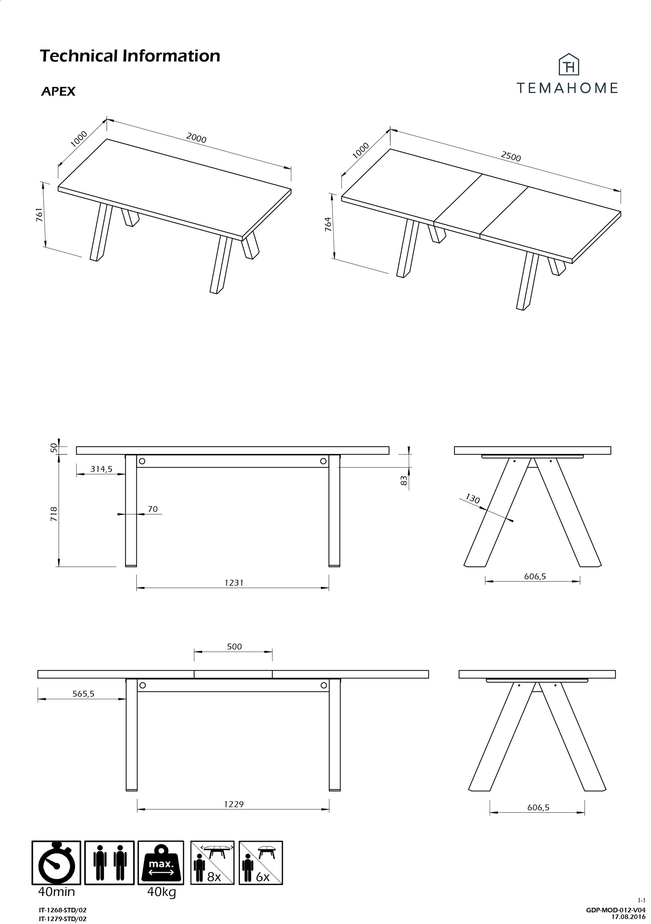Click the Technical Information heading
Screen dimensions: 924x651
pyautogui.click(x=130, y=56)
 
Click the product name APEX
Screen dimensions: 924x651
pyautogui.click(x=58, y=91)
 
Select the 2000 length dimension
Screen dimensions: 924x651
pyautogui.click(x=196, y=138)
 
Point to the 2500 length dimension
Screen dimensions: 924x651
pyautogui.click(x=511, y=156)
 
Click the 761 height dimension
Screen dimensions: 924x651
pyautogui.click(x=39, y=215)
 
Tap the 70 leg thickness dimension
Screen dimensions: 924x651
pyautogui.click(x=153, y=509)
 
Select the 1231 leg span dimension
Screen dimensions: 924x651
pyautogui.click(x=234, y=582)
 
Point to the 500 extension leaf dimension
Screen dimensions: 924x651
pyautogui.click(x=234, y=647)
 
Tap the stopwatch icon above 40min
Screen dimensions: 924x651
pyautogui.click(x=56, y=862)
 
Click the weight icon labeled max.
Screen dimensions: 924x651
pyautogui.click(x=161, y=862)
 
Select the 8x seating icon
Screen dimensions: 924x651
pyautogui.click(x=212, y=862)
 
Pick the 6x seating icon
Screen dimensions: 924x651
pyautogui.click(x=261, y=862)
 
